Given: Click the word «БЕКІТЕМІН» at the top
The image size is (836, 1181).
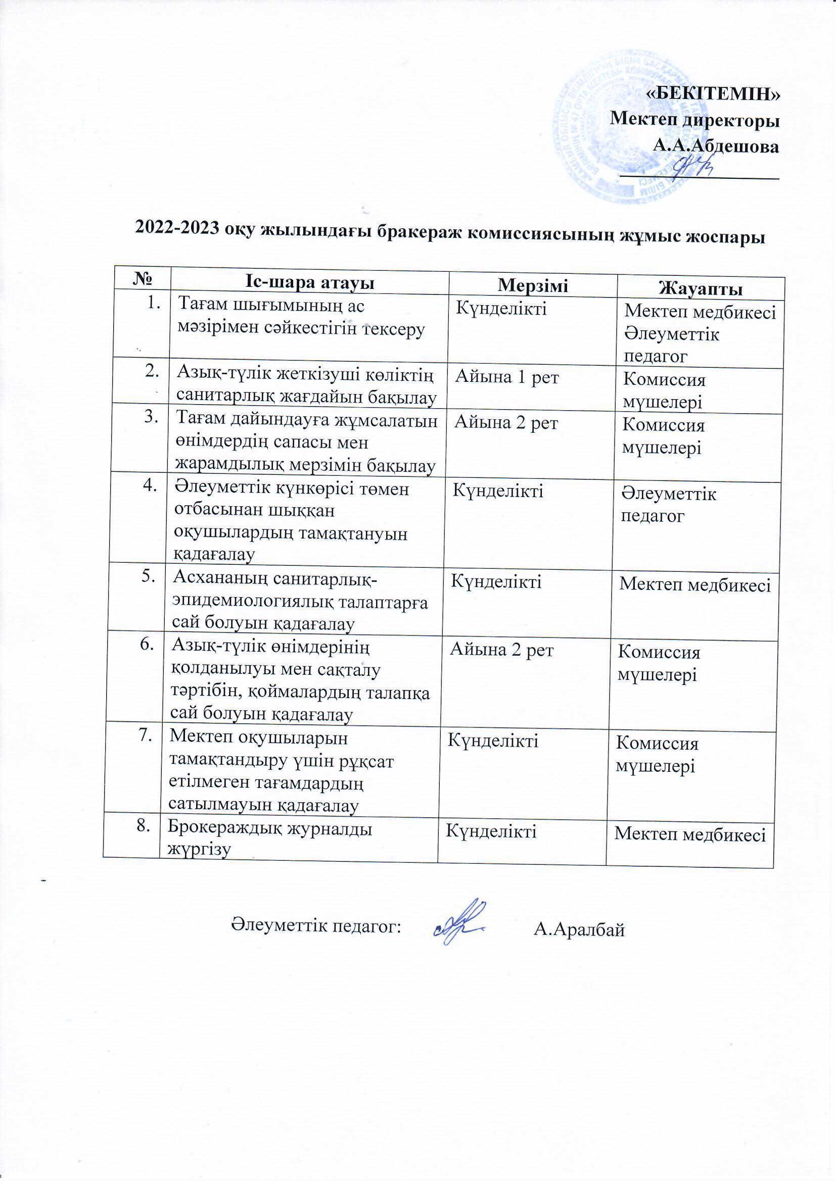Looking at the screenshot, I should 713,93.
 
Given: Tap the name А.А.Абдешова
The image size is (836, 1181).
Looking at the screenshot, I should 716,146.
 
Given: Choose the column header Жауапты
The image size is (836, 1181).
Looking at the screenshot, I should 701,288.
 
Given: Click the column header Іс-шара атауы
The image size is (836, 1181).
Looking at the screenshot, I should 309,282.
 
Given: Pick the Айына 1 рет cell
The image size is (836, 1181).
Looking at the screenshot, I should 506,378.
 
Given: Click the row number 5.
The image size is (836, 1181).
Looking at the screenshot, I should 149,577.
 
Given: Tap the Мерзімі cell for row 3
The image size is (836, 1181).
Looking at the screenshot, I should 505,423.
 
